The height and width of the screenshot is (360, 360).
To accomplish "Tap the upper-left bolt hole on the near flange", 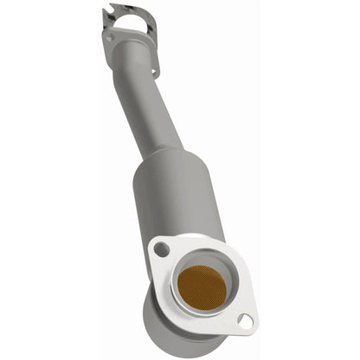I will (161, 250).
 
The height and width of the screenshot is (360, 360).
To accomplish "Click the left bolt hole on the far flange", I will (109, 37).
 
